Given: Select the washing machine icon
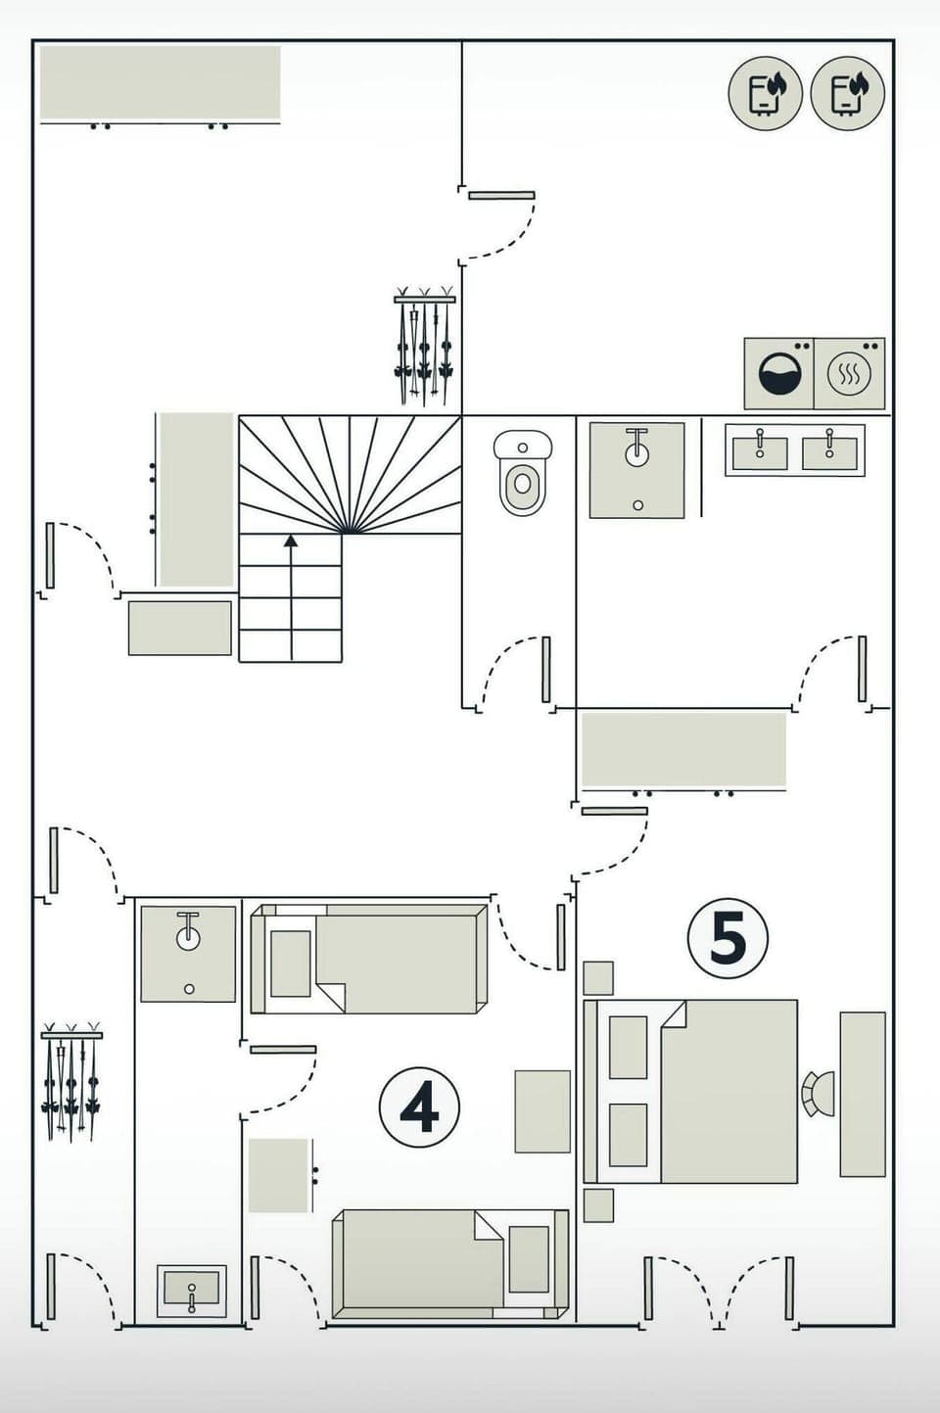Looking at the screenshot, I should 779,374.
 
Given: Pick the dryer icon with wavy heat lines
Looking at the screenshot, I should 850,374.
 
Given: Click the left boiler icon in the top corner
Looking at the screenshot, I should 765,94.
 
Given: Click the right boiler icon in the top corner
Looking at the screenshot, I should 848,94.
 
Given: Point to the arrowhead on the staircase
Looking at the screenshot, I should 291,540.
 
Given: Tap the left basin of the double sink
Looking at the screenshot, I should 760,451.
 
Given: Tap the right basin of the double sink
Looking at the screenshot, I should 829,451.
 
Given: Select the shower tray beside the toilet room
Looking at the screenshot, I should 636,470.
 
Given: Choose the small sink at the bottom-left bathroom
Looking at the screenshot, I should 192,1291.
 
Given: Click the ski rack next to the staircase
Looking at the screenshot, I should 424,347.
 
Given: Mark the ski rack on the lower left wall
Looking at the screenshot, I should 70,1082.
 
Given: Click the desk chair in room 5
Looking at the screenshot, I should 818,1094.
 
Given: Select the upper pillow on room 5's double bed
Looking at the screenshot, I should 628,1047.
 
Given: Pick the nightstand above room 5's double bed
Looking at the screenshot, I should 598,977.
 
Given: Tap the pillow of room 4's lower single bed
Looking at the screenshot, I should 529,1258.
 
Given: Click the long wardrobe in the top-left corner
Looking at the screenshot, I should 160,82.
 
